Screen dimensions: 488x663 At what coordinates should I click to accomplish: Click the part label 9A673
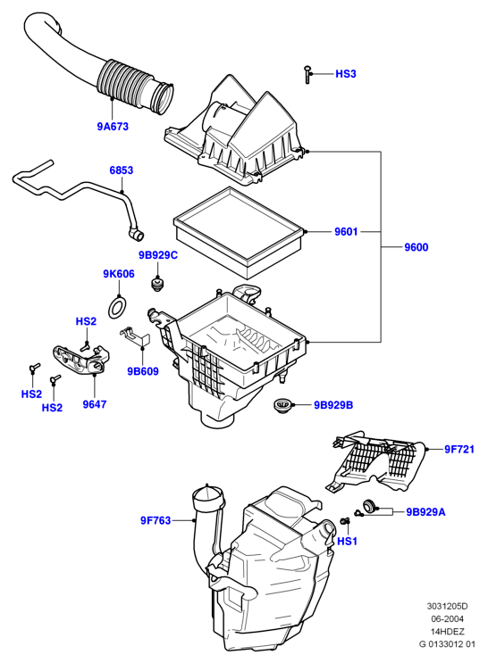pos(113,127)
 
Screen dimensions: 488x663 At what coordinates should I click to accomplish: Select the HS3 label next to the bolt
pos(346,74)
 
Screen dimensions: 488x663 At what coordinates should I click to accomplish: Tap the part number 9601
pos(346,232)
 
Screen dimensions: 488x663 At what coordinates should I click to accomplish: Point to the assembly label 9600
pos(416,247)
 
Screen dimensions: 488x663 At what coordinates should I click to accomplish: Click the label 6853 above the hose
pos(122,170)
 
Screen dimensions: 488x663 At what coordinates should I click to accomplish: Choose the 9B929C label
pos(158,255)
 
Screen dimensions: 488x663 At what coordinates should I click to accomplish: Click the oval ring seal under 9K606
pos(118,308)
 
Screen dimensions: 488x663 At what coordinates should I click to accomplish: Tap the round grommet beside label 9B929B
pos(280,405)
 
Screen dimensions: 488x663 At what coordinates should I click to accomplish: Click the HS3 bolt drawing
pos(308,75)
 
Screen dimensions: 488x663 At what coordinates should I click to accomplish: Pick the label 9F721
pos(459,450)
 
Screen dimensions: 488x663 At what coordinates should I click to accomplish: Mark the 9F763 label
pos(156,520)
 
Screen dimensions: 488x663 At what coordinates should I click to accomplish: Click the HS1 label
pos(348,542)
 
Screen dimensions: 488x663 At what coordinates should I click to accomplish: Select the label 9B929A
pos(425,512)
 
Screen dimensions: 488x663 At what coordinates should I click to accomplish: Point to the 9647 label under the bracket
pos(95,404)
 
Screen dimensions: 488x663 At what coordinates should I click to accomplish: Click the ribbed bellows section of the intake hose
pos(125,83)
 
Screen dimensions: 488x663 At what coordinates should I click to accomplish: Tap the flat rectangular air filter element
pos(240,233)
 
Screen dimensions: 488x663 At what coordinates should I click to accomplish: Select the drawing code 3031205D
pos(447,607)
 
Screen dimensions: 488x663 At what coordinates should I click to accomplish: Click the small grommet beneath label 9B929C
pos(158,283)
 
